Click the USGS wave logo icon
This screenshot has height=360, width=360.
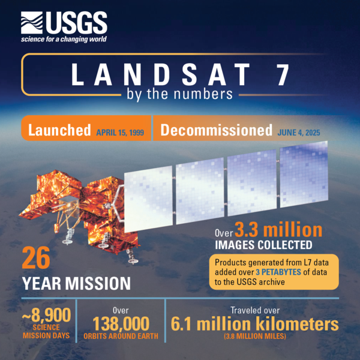[31, 25]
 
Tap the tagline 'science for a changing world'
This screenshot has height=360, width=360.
[64, 40]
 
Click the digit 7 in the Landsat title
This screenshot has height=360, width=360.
[282, 74]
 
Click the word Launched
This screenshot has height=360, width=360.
[59, 131]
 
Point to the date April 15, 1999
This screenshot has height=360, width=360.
[120, 132]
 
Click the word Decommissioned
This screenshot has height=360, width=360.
[216, 130]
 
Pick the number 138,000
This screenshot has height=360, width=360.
[121, 325]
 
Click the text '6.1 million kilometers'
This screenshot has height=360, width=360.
[255, 325]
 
